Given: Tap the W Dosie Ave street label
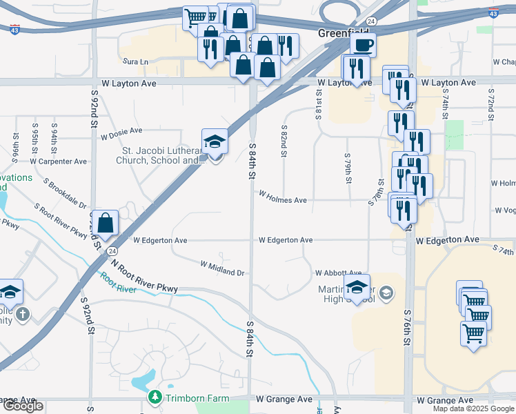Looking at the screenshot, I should click(121, 130).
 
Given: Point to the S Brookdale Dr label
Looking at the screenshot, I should click(64, 195).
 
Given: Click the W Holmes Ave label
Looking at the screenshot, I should click(283, 199).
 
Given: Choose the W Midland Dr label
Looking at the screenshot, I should click(223, 268).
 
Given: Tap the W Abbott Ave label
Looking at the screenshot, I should click(338, 273).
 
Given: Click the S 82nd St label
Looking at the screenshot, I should click(284, 141).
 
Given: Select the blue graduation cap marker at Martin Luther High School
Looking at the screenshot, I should click(357, 287).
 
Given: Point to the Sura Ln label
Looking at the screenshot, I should click(135, 61).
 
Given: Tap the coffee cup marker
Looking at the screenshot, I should click(363, 46).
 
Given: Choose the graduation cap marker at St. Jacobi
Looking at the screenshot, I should click(215, 142).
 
